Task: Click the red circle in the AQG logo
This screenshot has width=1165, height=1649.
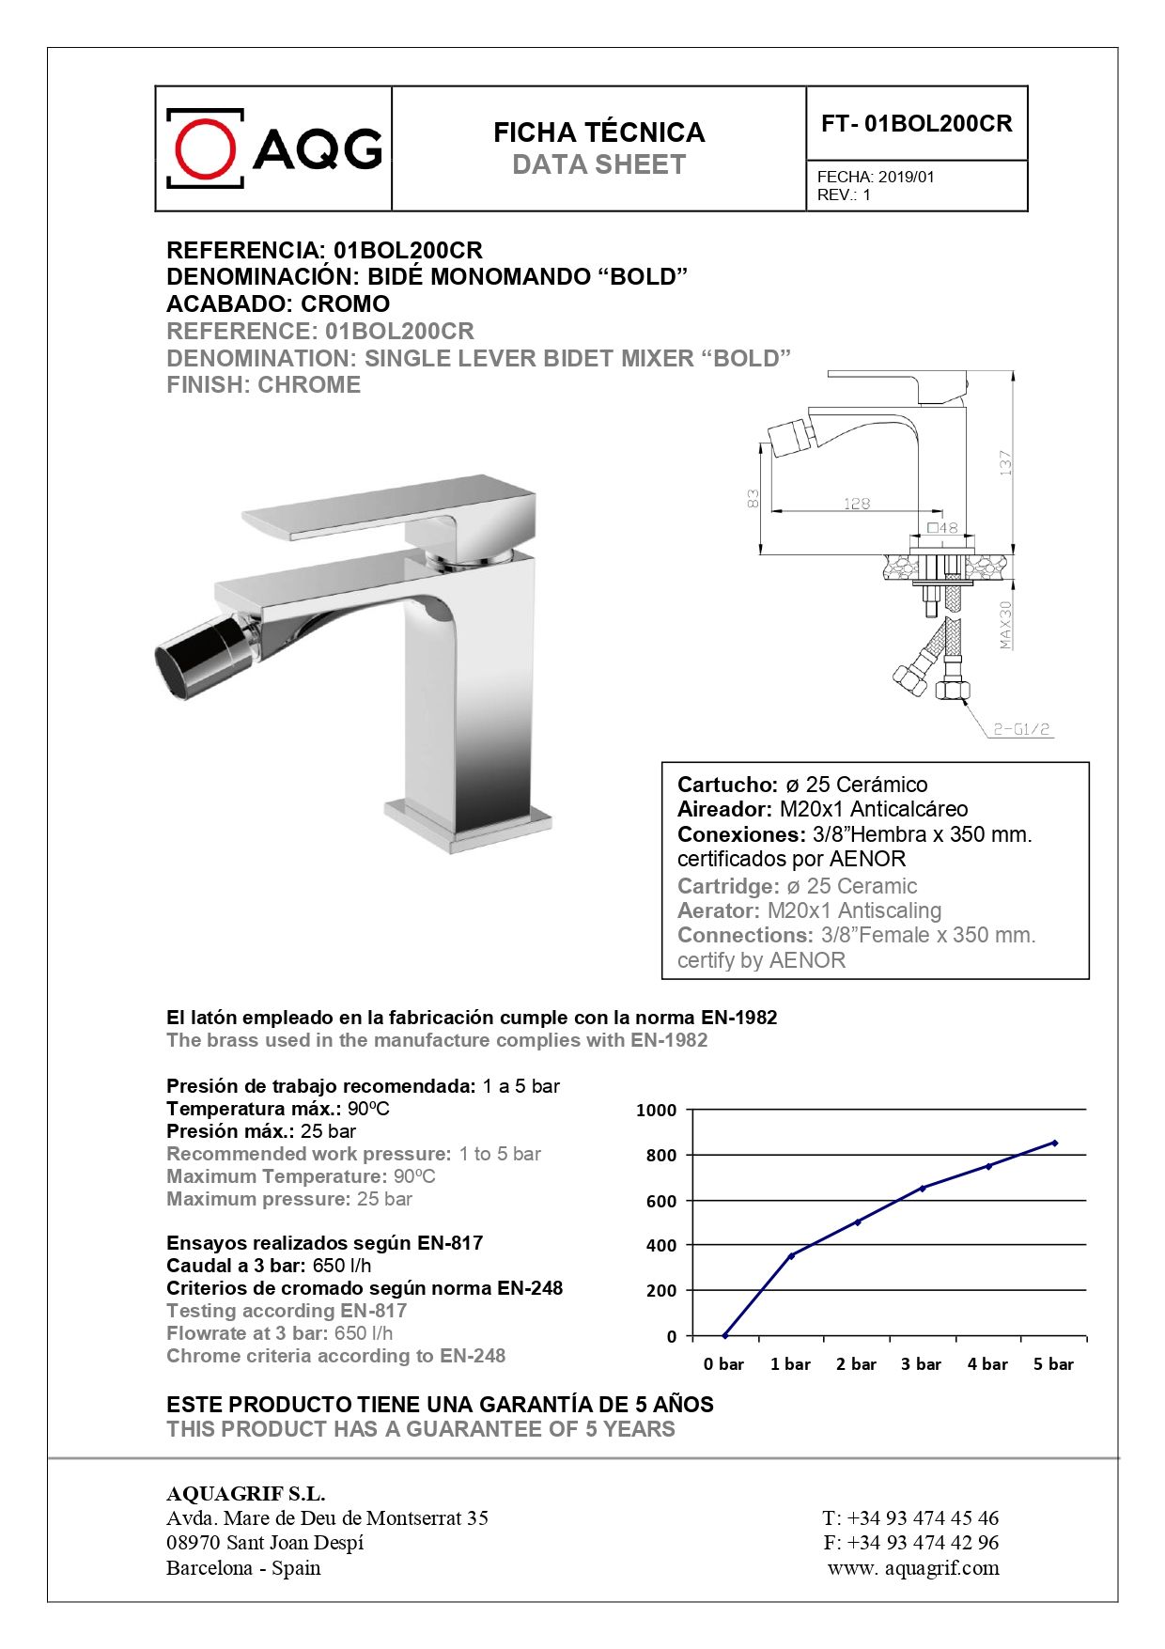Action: [x=206, y=148]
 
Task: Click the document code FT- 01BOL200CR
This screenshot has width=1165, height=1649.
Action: [x=916, y=124]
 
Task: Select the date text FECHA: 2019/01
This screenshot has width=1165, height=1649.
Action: [x=876, y=177]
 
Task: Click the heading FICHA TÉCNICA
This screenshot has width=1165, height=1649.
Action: [x=598, y=132]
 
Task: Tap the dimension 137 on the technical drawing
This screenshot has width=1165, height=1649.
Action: [x=1005, y=462]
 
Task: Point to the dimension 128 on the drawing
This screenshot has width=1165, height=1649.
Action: [x=856, y=504]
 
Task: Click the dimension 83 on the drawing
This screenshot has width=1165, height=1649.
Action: [x=753, y=499]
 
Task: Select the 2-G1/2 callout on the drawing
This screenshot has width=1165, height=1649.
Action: [x=1021, y=728]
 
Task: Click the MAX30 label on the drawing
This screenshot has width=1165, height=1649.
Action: [x=1006, y=625]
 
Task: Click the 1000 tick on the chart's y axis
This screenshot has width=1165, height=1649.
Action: [x=656, y=1111]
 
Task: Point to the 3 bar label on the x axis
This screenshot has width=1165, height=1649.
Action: [x=921, y=1364]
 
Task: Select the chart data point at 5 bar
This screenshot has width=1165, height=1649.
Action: [x=1054, y=1143]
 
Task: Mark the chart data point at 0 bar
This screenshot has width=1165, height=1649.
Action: [x=724, y=1335]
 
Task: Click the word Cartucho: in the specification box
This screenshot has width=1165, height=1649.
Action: [x=727, y=785]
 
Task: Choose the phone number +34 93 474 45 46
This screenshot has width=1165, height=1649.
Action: [x=923, y=1517]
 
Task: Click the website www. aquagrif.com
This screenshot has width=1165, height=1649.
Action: [x=913, y=1567]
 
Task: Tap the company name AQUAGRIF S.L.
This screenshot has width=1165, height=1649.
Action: [x=245, y=1493]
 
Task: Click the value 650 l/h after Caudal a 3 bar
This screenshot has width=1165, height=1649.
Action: [x=342, y=1266]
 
